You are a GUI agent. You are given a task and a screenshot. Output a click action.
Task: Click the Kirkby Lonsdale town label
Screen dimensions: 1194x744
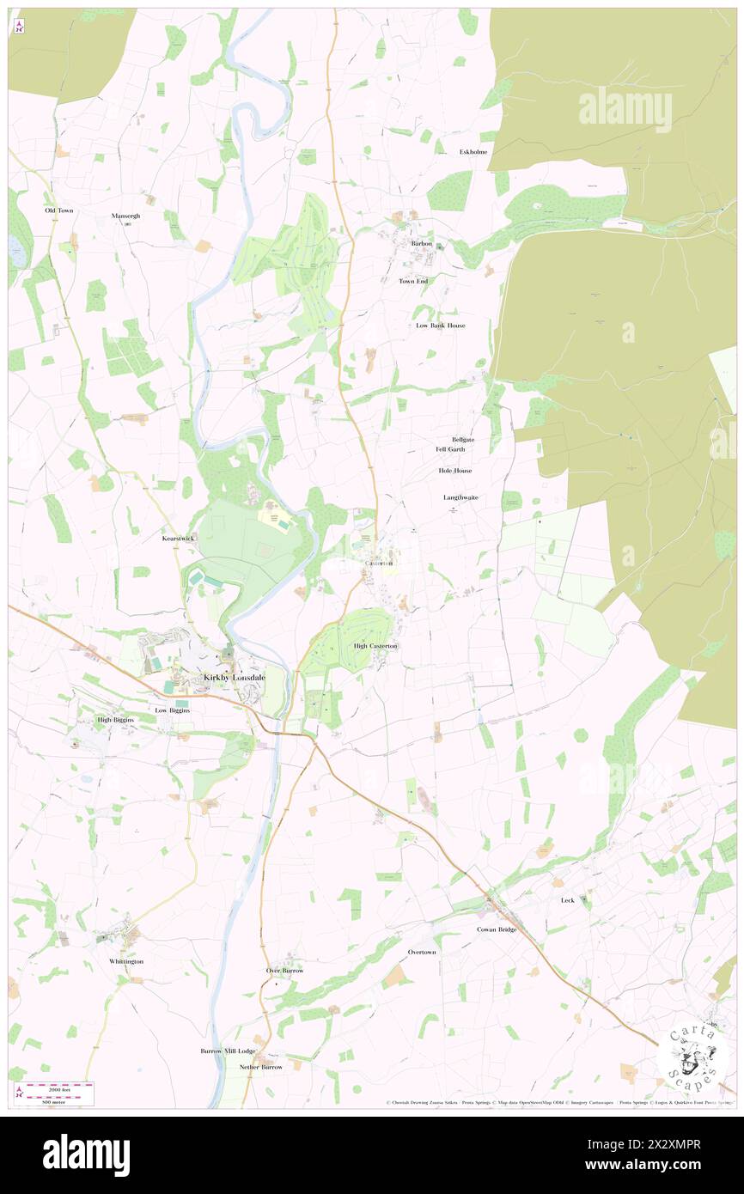[x=235, y=678]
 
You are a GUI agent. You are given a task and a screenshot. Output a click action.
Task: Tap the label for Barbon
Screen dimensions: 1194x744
[x=421, y=243]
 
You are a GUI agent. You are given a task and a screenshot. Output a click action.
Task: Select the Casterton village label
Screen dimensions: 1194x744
[x=379, y=563]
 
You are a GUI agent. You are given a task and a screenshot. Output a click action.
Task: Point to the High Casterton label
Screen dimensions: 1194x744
[x=375, y=645]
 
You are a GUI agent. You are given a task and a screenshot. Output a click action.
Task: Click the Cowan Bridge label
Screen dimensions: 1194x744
[x=497, y=929]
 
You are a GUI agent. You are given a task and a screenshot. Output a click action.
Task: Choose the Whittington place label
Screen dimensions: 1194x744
[x=126, y=961]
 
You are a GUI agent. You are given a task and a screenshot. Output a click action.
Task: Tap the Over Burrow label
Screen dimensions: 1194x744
[x=284, y=970]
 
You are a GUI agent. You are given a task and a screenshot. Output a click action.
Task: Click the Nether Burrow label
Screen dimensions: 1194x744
[x=260, y=1067]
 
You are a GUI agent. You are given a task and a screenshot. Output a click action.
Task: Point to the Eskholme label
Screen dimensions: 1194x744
[x=473, y=152]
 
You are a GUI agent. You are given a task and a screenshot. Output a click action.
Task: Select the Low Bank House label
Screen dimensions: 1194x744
[x=440, y=326]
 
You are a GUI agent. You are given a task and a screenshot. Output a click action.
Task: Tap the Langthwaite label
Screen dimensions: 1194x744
[x=460, y=497]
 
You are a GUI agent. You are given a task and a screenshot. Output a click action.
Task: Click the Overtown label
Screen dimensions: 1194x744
[x=422, y=952]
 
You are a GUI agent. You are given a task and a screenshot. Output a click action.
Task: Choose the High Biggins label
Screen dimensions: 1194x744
[x=116, y=719]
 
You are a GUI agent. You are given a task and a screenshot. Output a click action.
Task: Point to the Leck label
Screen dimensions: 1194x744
[x=567, y=900]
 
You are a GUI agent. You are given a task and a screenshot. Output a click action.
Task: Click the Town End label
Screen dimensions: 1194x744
[x=412, y=281]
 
